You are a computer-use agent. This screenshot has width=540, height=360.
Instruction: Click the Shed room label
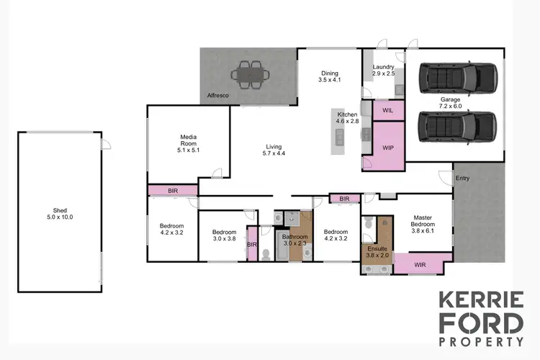tap(60, 211)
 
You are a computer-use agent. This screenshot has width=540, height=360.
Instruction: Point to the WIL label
tap(387, 111)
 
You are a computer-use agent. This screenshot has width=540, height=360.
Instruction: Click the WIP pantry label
tap(387, 148)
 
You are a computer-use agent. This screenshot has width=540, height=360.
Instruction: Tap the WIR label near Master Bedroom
tap(420, 264)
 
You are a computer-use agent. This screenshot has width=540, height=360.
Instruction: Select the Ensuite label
tap(377, 248)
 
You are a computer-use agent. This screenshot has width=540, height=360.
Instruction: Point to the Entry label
tap(462, 179)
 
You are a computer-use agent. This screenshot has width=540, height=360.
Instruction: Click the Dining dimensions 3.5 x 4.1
tap(328, 80)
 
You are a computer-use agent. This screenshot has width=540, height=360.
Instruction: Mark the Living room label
tap(273, 146)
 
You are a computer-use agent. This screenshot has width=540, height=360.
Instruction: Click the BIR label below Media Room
tap(173, 190)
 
